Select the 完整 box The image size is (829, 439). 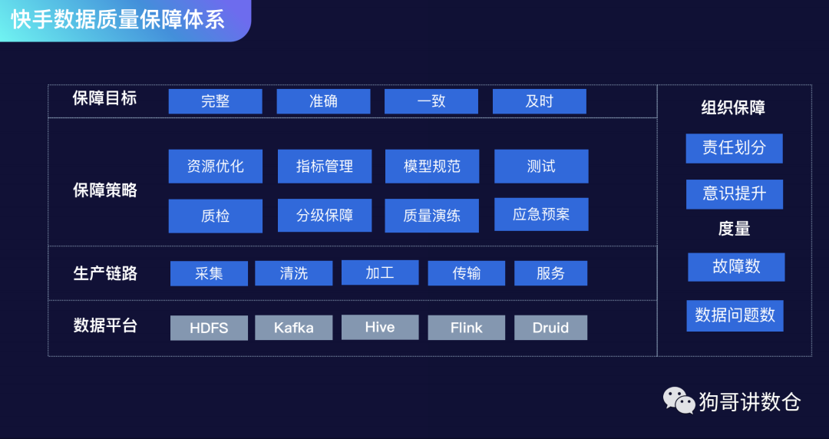[215, 101]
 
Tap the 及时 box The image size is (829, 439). [539, 101]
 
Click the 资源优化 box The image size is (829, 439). [215, 167]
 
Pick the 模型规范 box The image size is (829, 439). [432, 167]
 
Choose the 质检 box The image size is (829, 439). [215, 216]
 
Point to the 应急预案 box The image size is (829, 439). [541, 214]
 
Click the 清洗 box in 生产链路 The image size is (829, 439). [293, 273]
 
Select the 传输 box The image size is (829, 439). [466, 273]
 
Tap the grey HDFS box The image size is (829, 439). [209, 328]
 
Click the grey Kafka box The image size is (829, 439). [293, 328]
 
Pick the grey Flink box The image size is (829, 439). [466, 328]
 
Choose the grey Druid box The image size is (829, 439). [550, 328]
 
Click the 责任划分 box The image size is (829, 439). [734, 148]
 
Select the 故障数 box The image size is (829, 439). [736, 267]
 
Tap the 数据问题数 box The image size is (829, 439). [735, 315]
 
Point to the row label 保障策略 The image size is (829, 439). [105, 190]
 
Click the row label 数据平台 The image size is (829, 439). [105, 325]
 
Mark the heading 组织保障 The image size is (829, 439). [733, 108]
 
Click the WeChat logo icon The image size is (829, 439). [679, 400]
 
